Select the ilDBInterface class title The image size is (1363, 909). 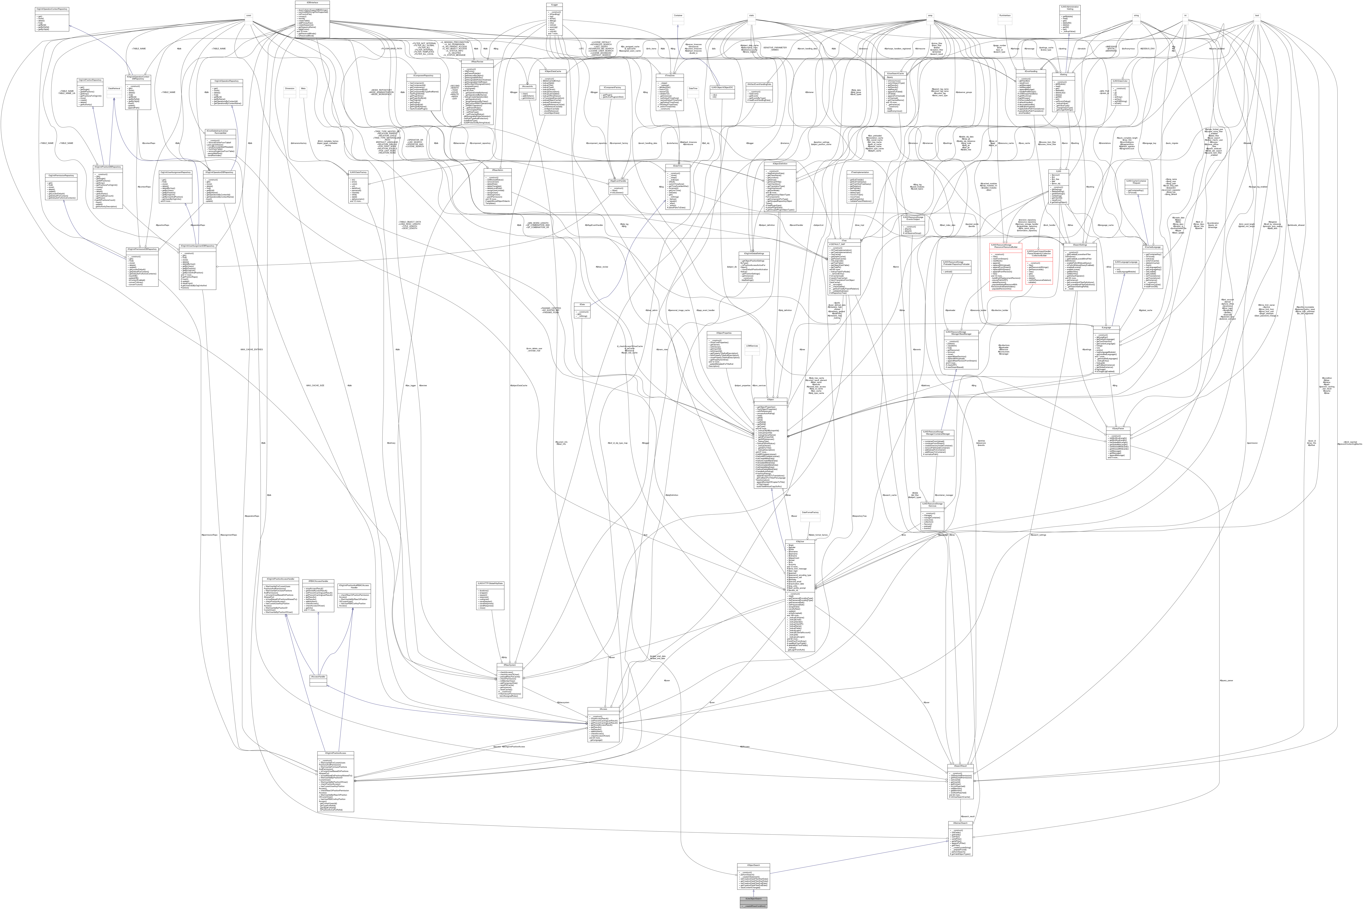[x=312, y=3]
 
